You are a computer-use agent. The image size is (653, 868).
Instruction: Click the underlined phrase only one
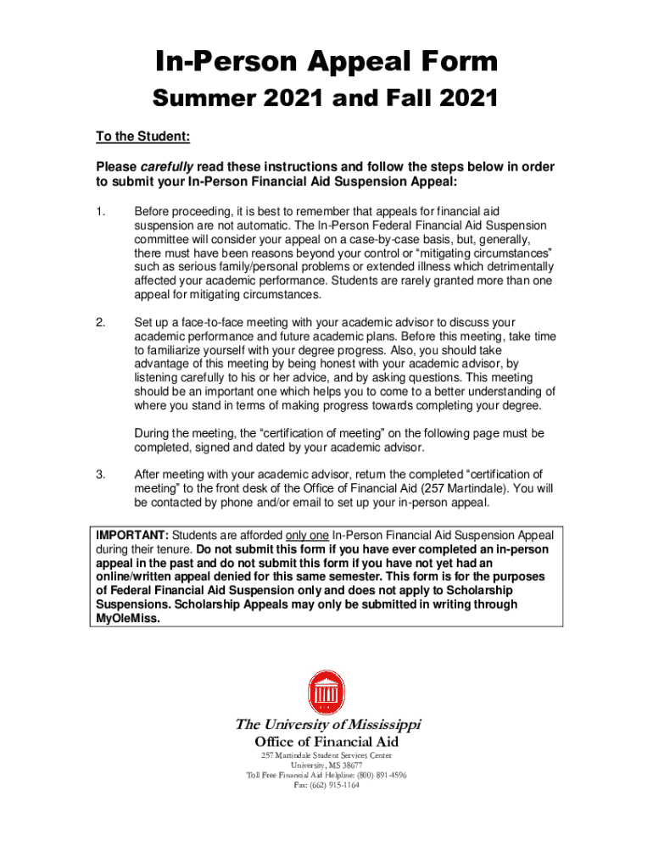(x=308, y=536)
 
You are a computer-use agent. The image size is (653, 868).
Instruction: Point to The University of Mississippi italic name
(x=327, y=725)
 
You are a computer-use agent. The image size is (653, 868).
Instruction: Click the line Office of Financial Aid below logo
(x=326, y=742)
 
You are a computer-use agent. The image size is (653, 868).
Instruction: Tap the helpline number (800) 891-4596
(x=376, y=775)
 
